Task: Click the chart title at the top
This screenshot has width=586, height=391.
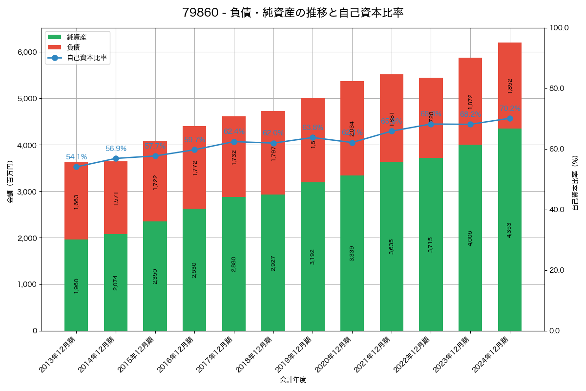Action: coord(293,13)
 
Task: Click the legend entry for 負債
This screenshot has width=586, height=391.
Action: coord(73,47)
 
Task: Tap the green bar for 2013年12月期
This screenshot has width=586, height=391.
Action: coord(76,285)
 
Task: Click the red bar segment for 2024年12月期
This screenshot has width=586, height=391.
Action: coord(510,86)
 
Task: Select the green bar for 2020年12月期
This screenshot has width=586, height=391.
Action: coord(352,253)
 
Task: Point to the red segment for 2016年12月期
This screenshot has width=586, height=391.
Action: coord(194,167)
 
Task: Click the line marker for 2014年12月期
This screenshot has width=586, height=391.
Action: coord(116,158)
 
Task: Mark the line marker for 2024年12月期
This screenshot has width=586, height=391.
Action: coord(510,118)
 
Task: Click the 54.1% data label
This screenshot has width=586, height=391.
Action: coord(76,157)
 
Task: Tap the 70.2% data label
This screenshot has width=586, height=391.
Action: coord(510,109)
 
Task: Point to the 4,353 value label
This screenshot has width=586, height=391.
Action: coord(510,230)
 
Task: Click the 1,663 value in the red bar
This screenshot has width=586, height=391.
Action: coord(76,202)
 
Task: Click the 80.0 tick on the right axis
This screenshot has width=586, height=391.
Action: coord(557,88)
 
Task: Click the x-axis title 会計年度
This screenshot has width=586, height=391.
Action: coord(293,380)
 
